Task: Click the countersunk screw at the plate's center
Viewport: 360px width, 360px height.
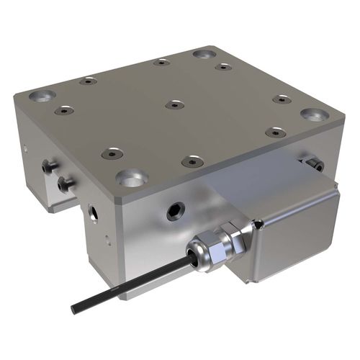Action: click(x=171, y=106)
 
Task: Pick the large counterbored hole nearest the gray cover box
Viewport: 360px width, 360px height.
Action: click(x=313, y=114)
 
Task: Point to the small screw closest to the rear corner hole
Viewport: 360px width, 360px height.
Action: click(x=223, y=67)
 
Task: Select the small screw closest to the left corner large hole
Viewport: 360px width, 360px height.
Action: click(x=66, y=112)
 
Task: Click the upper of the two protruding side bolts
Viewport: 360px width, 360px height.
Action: click(x=49, y=167)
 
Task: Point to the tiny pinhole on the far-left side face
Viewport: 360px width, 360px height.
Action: click(x=24, y=150)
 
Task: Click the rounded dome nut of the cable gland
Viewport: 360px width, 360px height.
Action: click(x=198, y=251)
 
